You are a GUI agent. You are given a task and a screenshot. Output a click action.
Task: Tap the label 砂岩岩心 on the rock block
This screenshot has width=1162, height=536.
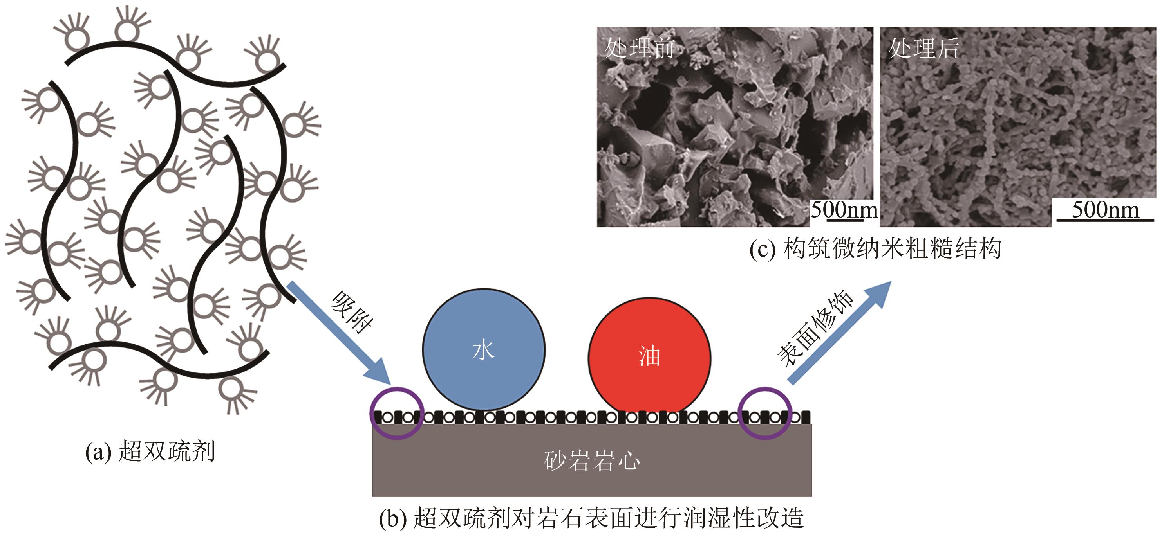point(592,461)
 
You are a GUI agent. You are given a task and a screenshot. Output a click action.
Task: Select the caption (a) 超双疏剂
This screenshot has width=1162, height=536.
point(150,451)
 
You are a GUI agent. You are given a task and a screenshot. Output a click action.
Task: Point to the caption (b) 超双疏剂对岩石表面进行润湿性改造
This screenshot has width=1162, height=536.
point(591,518)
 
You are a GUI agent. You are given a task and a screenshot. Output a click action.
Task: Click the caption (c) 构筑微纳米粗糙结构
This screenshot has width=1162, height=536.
point(875,248)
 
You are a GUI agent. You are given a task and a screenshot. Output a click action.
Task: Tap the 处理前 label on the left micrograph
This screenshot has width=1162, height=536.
point(639,48)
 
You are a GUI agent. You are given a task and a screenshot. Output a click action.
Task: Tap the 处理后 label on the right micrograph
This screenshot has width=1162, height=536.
point(923,48)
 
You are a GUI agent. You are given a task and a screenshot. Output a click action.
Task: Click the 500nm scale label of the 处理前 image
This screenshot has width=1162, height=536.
point(844,210)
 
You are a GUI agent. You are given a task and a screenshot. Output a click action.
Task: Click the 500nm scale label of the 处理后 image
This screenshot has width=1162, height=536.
point(1105,210)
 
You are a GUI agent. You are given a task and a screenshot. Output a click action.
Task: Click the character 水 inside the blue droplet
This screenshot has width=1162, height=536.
point(484,351)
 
